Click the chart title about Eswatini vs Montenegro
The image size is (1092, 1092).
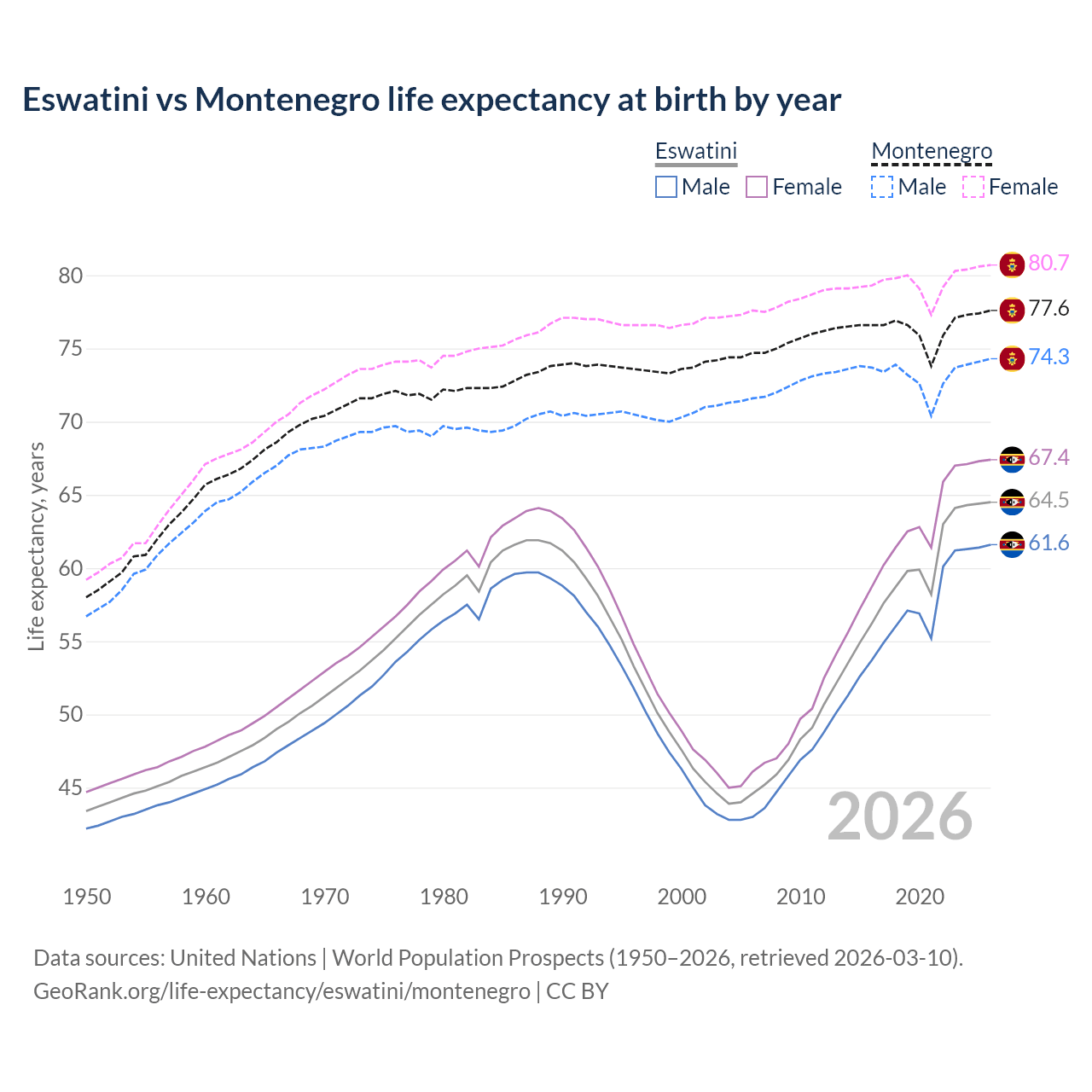tap(432, 100)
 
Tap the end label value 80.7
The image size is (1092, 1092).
tap(1048, 263)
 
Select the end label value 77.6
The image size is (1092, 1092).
tap(1048, 308)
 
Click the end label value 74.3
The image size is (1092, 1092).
tap(1048, 357)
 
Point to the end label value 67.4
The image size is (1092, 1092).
tap(1048, 457)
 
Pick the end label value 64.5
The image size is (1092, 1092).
tap(1048, 500)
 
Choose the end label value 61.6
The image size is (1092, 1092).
tap(1048, 543)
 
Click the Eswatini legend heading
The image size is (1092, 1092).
tap(695, 151)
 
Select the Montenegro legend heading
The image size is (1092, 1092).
tap(932, 151)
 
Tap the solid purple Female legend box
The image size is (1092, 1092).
tap(757, 187)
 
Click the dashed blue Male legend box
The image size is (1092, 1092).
tap(882, 187)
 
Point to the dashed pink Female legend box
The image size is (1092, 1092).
tap(973, 187)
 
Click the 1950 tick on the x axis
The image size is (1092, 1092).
tap(87, 897)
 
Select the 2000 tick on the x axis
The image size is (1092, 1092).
tap(682, 897)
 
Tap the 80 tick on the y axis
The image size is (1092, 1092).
tap(71, 276)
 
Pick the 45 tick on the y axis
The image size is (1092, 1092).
tap(71, 787)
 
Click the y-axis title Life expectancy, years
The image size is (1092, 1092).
tap(36, 546)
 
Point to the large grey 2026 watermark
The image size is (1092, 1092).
tap(900, 816)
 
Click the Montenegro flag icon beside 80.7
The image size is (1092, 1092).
tap(1012, 264)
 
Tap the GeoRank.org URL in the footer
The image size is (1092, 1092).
tap(282, 991)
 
